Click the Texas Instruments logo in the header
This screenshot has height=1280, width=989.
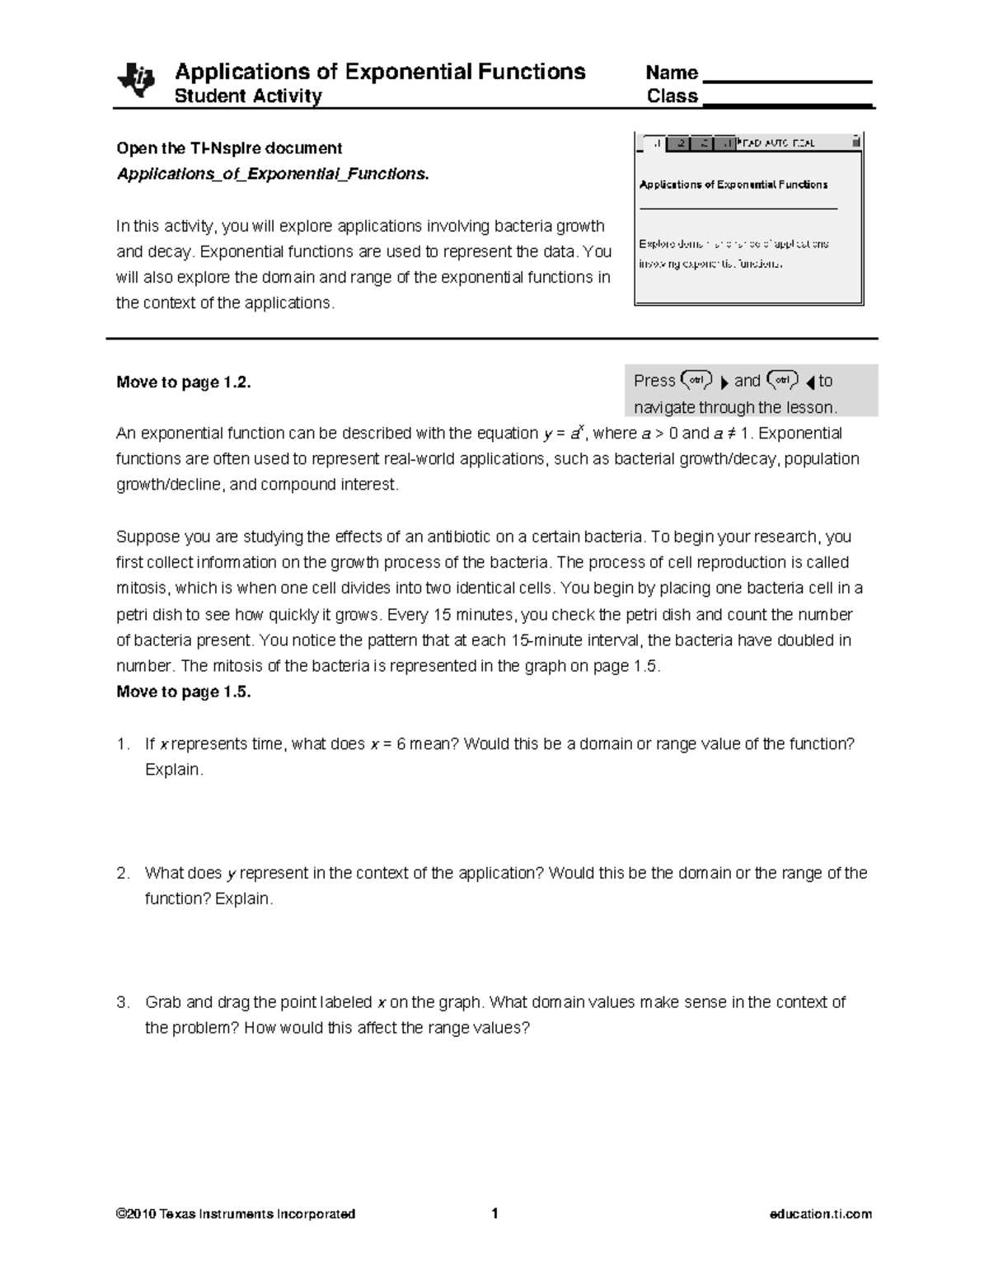click(x=135, y=81)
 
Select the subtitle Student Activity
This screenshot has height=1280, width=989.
click(x=248, y=96)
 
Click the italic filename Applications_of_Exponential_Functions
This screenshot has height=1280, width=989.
click(x=273, y=174)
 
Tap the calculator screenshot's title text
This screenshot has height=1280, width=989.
click(x=734, y=185)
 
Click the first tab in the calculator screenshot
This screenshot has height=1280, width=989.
click(x=654, y=143)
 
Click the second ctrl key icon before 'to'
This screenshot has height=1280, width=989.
click(x=781, y=380)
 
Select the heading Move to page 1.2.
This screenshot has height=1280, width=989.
click(x=183, y=382)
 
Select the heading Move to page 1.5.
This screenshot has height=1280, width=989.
click(x=183, y=692)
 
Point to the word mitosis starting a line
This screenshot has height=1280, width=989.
click(x=140, y=588)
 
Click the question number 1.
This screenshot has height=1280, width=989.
click(x=123, y=744)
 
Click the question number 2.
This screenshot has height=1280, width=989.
click(x=123, y=874)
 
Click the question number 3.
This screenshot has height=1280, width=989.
click(x=123, y=1003)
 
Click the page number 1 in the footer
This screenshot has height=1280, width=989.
click(x=494, y=1213)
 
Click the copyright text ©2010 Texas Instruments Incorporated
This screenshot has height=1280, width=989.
click(x=236, y=1214)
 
